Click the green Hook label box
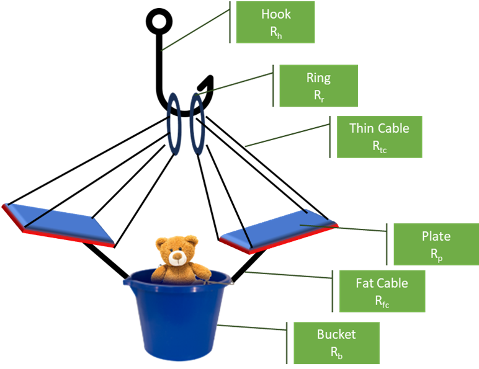[x=275, y=22]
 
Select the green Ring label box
[x=318, y=86]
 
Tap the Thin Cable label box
[x=379, y=136]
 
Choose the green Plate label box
[x=436, y=244]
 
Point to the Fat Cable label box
[x=382, y=291]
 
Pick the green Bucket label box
[x=336, y=342]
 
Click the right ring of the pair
[x=197, y=123]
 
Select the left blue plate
[x=59, y=223]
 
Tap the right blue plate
[x=279, y=231]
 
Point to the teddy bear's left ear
[x=161, y=243]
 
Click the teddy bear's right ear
[x=193, y=240]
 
